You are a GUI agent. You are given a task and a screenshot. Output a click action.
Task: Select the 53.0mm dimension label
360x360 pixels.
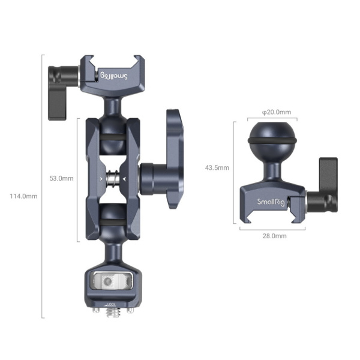pos(62,178)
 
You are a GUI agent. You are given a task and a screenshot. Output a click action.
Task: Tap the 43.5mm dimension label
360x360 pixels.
pos(217,168)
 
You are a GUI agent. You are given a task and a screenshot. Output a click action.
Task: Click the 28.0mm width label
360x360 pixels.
pos(274,236)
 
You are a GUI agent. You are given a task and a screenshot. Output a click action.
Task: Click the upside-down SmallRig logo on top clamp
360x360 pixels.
pos(114,76)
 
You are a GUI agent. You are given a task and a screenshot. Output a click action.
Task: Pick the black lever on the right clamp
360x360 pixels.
pos(328,185)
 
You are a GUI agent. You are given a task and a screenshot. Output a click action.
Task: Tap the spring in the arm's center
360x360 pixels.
pos(112,179)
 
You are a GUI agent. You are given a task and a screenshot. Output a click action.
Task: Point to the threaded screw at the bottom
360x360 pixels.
pos(112,313)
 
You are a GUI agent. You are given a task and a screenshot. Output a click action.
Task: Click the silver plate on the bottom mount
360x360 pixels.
pos(112,281)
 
